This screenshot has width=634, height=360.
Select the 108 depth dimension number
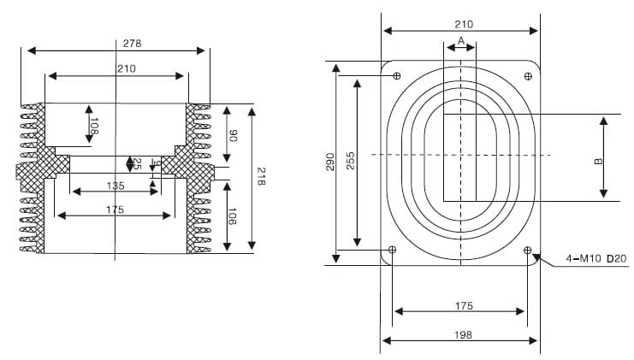pyautogui.click(x=94, y=128)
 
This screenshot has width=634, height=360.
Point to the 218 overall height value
pyautogui.click(x=263, y=177)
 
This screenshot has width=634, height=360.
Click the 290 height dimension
pyautogui.click(x=329, y=162)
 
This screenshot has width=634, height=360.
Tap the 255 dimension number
pyautogui.click(x=350, y=162)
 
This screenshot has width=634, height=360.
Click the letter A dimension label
pyautogui.click(x=460, y=40)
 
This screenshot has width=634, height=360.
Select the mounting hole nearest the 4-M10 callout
pyautogui.click(x=527, y=250)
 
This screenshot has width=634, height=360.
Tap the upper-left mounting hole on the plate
pyautogui.click(x=396, y=76)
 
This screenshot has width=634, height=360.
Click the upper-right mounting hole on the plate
pyautogui.click(x=527, y=76)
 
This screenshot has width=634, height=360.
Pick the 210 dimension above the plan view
pyautogui.click(x=463, y=24)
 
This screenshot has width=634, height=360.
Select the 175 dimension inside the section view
pyautogui.click(x=116, y=209)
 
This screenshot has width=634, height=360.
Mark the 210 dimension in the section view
pyautogui.click(x=116, y=68)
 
